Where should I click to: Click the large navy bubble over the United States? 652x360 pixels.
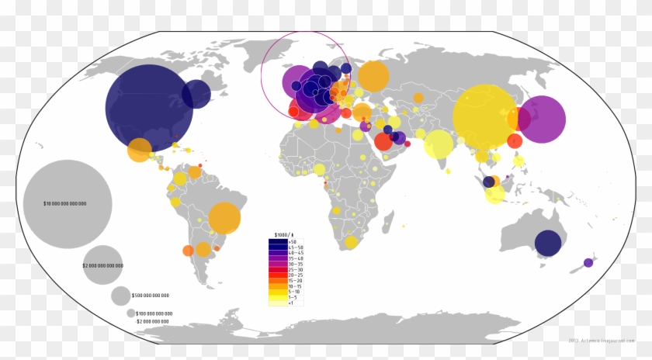(x=148, y=107)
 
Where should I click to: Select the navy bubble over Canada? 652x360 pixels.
(x=196, y=95)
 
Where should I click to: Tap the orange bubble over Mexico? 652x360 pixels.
(x=140, y=149)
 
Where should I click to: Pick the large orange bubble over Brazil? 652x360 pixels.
(x=224, y=218)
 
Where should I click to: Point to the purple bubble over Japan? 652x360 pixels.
(x=542, y=119)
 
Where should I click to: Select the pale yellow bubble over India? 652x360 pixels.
(x=439, y=144)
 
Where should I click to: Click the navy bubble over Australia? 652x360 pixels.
(x=548, y=244)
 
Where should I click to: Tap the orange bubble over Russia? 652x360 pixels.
(x=373, y=76)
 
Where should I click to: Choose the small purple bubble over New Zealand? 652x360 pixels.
(x=588, y=262)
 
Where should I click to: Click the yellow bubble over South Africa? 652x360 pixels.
(x=351, y=242)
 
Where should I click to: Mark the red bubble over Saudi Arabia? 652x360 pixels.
(x=383, y=142)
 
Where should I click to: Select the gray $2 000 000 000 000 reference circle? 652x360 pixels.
(x=103, y=265)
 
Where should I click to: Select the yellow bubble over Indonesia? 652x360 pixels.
(x=494, y=195)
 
